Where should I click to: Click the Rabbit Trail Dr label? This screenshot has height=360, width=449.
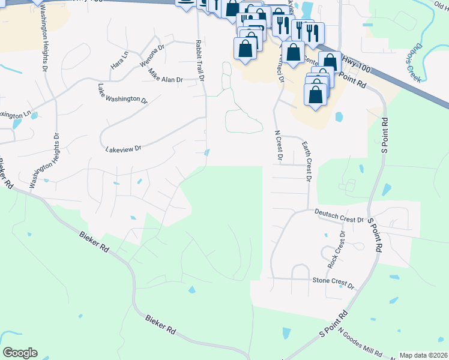click(x=199, y=61)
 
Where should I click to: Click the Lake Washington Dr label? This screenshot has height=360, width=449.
click(x=122, y=94)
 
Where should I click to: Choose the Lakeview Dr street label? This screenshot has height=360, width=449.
click(x=122, y=148)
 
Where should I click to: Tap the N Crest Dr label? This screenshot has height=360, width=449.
click(x=278, y=146)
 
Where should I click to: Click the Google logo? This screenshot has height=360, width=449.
click(x=20, y=352)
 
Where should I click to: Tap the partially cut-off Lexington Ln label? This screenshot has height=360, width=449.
click(x=14, y=114)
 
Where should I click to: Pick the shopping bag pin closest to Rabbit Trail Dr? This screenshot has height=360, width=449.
click(x=246, y=47)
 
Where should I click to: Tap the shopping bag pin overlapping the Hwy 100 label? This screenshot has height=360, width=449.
click(x=330, y=62)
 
